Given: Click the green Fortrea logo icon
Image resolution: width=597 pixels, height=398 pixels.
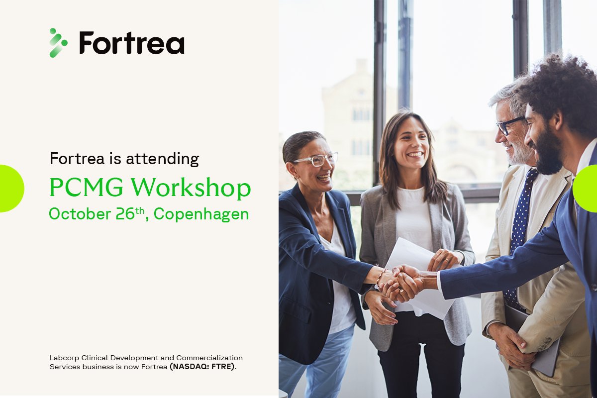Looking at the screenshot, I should (58, 43).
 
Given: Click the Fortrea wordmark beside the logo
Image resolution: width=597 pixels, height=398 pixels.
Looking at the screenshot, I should (132, 43).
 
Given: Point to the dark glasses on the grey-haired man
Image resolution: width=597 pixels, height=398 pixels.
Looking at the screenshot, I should (508, 125).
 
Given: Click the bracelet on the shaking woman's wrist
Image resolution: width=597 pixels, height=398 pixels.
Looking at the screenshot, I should (380, 277).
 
